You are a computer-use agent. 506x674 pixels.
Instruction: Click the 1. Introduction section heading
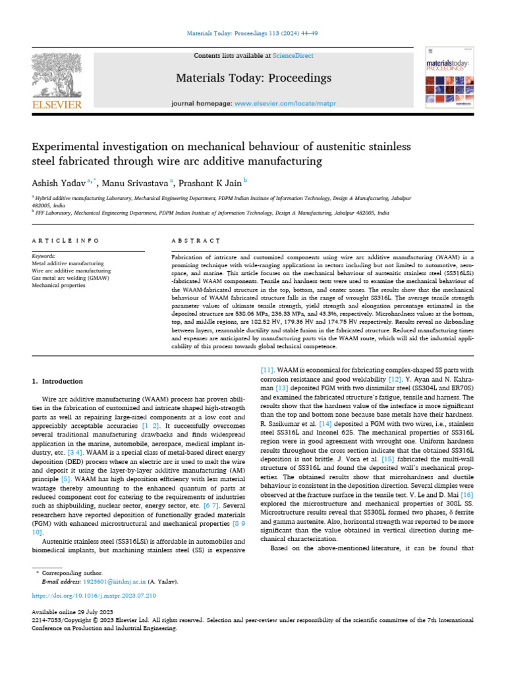(58, 381)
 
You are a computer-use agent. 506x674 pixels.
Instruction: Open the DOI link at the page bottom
(94, 596)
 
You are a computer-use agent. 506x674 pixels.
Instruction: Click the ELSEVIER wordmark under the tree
(57, 104)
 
